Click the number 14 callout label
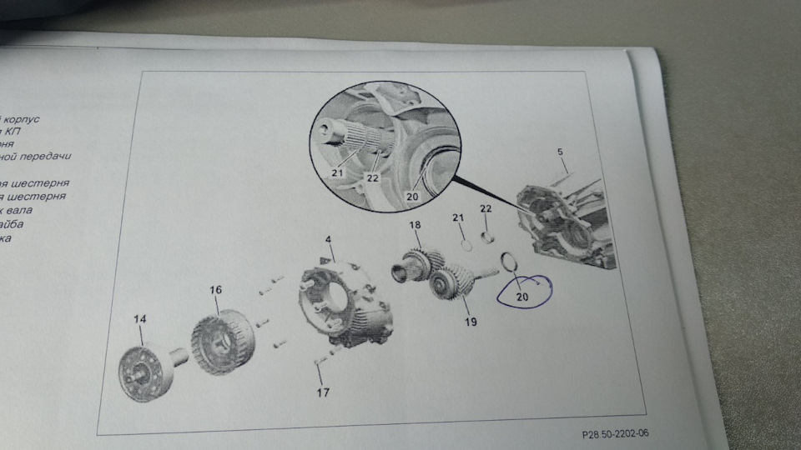[x=139, y=319]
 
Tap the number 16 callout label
[x=216, y=290]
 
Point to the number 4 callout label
[x=329, y=240]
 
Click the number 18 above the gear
[x=416, y=226]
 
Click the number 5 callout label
[x=561, y=152]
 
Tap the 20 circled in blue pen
[x=522, y=296]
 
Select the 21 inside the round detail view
[x=336, y=172]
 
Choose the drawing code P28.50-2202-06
[x=616, y=434]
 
